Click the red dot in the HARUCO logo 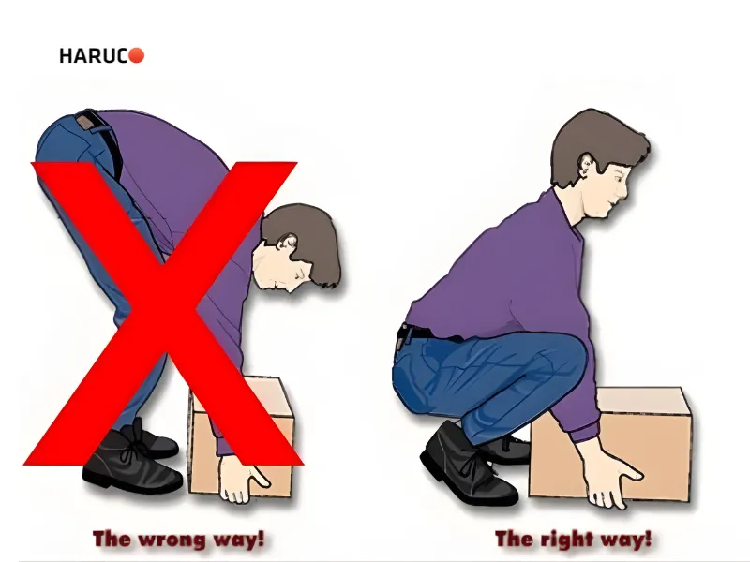point(136,55)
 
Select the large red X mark point(162,313)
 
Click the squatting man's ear point(587,165)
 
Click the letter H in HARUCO point(66,56)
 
